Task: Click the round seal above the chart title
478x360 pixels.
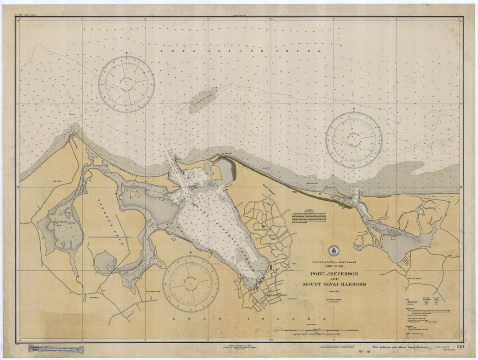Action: (332, 251)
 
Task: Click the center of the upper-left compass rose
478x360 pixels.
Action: (127, 84)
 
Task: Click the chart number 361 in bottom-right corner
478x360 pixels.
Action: (448, 347)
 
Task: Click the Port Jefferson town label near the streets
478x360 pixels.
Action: (276, 295)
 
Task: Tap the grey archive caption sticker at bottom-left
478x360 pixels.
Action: (65, 349)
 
